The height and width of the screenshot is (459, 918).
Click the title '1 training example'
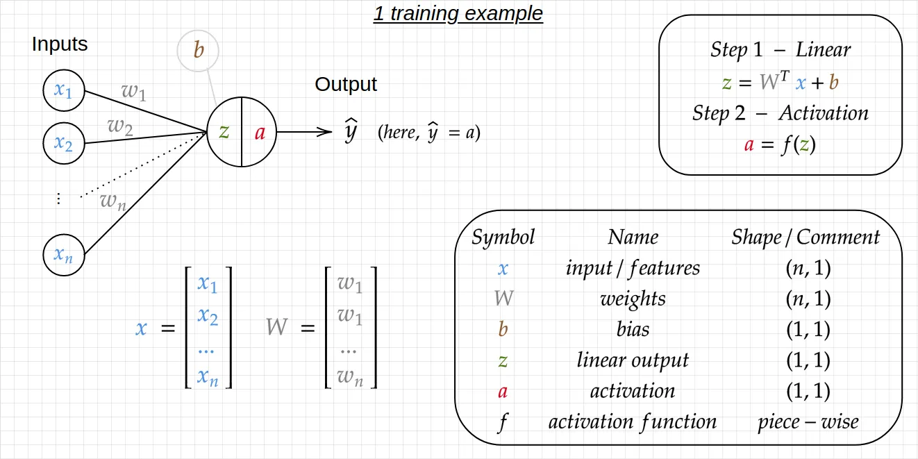tap(458, 13)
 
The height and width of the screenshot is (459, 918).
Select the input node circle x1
tap(64, 90)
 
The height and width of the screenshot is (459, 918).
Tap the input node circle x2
tap(64, 144)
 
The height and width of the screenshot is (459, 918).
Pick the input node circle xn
tap(64, 254)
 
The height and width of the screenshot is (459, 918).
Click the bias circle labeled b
tap(198, 51)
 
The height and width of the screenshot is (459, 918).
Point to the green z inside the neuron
tap(224, 132)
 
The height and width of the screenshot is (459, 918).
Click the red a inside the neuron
tap(260, 133)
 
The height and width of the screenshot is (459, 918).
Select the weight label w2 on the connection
tap(119, 126)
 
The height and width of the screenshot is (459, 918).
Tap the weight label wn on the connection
tap(112, 201)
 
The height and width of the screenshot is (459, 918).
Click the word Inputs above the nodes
tap(60, 44)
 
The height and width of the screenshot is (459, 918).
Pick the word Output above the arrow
tap(346, 85)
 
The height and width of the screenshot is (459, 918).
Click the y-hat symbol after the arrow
tap(351, 131)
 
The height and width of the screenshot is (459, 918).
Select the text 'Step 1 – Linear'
tap(781, 50)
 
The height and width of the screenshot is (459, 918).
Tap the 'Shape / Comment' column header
tap(806, 237)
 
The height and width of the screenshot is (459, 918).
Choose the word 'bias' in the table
tap(633, 329)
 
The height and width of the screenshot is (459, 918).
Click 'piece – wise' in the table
tap(808, 422)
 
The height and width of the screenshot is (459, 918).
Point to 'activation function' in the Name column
tap(633, 422)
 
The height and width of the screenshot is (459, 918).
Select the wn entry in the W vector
tap(351, 376)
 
